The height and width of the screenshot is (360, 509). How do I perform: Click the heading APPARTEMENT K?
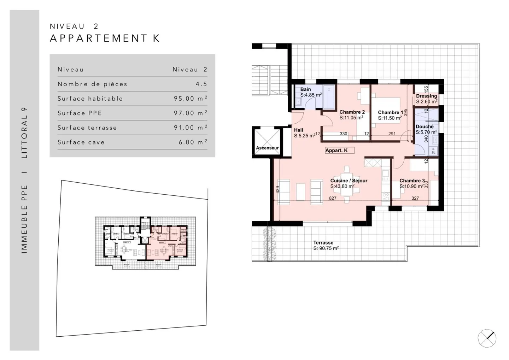tap(105, 38)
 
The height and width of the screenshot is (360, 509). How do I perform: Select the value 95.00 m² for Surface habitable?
tap(190, 99)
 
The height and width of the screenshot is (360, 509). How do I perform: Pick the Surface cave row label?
tap(81, 142)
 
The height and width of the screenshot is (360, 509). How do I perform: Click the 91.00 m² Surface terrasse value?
tap(190, 128)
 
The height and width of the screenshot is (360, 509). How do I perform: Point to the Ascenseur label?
tap(267, 148)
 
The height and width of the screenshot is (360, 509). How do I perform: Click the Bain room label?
tap(305, 89)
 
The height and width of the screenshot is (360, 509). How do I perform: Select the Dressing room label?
tap(426, 96)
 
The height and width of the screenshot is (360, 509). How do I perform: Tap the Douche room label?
tap(425, 126)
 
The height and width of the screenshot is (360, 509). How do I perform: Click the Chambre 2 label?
tap(352, 112)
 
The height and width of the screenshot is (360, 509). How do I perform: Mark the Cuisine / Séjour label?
tap(349, 181)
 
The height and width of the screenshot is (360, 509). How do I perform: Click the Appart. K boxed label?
tap(337, 151)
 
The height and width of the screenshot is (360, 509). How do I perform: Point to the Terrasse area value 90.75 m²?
tap(326, 248)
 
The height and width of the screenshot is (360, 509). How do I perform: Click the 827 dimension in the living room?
tap(333, 198)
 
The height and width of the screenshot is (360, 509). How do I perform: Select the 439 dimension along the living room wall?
tap(277, 190)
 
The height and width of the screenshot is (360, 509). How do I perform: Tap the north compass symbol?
tap(487, 338)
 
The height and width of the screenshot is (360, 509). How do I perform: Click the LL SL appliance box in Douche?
tap(433, 151)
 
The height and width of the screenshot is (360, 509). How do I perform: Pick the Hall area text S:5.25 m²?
tap(304, 136)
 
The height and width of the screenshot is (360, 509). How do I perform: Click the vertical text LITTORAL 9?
tap(24, 132)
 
